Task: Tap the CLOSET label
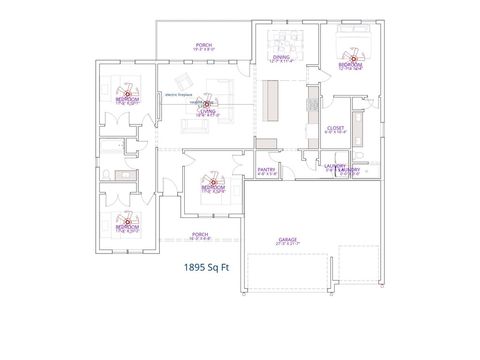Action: [335, 128]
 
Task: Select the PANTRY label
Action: [266, 169]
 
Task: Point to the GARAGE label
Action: [287, 239]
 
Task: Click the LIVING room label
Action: [205, 111]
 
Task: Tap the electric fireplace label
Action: [178, 96]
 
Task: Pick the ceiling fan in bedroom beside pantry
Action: [209, 182]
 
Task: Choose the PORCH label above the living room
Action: [202, 46]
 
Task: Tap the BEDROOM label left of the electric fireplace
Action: [127, 99]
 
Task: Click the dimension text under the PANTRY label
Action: [266, 174]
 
